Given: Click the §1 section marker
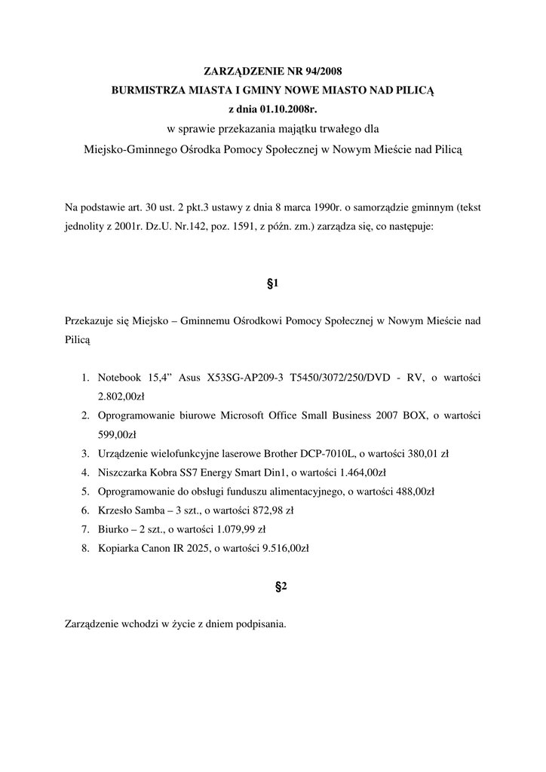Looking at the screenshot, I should pyautogui.click(x=273, y=283).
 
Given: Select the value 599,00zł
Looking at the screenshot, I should pyautogui.click(x=117, y=434).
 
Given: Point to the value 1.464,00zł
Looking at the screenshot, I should pyautogui.click(x=358, y=473).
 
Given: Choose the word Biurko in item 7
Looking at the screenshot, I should pyautogui.click(x=112, y=529).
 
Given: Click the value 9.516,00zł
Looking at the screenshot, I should pyautogui.click(x=281, y=549).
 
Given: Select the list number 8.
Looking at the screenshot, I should pyautogui.click(x=85, y=549).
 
